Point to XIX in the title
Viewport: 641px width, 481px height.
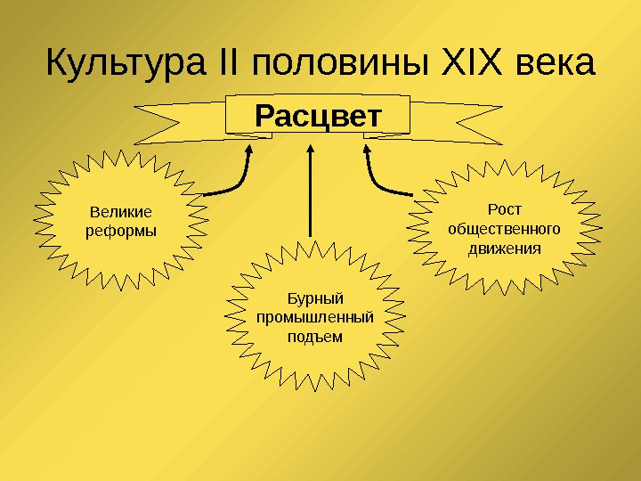point(469,64)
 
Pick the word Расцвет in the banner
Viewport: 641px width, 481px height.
point(318,116)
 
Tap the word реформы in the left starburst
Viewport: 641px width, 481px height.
point(120,231)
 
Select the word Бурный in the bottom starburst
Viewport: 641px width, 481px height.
point(316,298)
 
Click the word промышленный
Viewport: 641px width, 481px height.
point(316,317)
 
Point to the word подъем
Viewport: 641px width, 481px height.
point(316,337)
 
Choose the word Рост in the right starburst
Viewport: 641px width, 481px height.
point(505,209)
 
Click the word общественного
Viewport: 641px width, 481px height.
point(505,228)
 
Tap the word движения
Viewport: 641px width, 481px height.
point(505,248)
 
